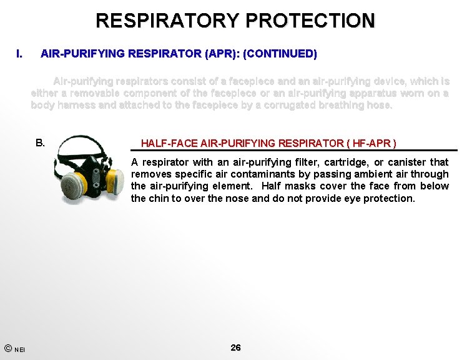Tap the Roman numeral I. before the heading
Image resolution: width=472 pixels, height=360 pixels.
(x=20, y=54)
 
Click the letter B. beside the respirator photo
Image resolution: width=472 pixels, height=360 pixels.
(x=41, y=142)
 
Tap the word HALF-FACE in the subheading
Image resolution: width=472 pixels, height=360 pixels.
(x=164, y=144)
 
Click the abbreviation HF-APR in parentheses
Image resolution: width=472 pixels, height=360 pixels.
(x=371, y=144)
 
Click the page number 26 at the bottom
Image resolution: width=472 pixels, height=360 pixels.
(x=235, y=347)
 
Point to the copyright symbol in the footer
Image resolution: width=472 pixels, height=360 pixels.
(x=7, y=347)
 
